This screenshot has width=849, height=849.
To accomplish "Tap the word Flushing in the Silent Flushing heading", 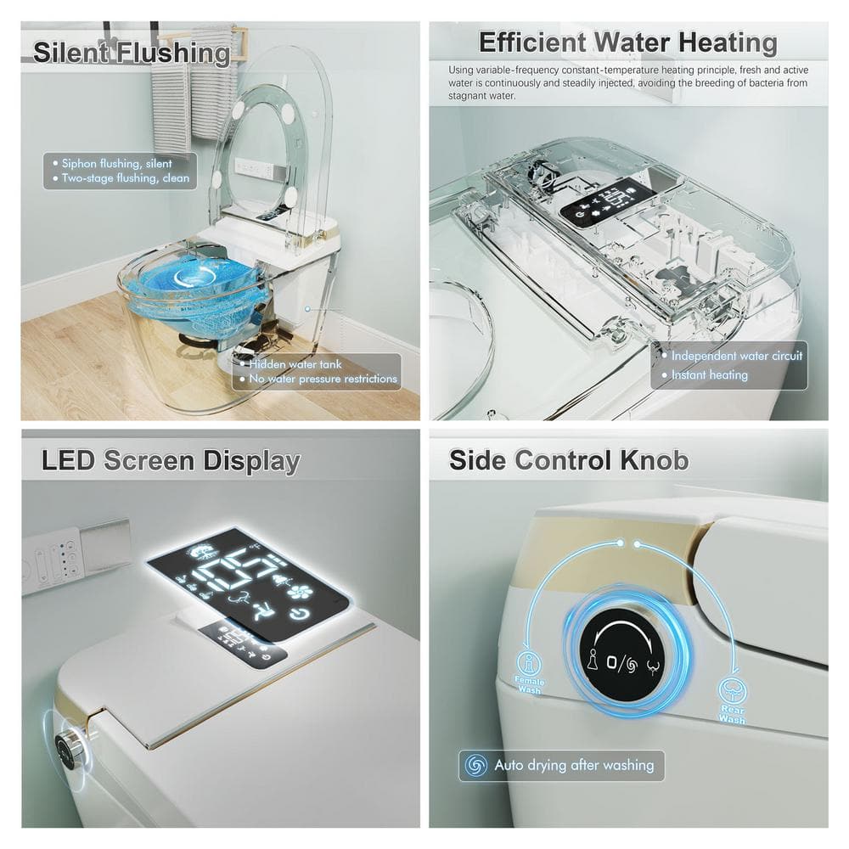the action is pyautogui.click(x=174, y=53).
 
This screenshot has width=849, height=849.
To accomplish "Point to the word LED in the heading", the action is pyautogui.click(x=68, y=460).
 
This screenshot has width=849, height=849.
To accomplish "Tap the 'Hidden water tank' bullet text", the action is pyautogui.click(x=295, y=364).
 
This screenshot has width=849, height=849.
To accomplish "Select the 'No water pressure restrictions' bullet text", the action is pyautogui.click(x=323, y=379).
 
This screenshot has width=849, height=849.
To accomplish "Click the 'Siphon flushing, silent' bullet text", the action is pyautogui.click(x=116, y=164).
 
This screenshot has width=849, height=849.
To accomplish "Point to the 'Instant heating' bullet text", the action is pyautogui.click(x=709, y=374).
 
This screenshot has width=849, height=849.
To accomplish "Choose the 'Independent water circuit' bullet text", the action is pyautogui.click(x=736, y=356).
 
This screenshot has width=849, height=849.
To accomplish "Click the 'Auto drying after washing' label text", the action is pyautogui.click(x=574, y=765).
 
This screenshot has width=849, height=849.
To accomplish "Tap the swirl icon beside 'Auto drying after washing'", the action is pyautogui.click(x=476, y=765).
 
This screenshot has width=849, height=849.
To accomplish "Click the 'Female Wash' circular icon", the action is pyautogui.click(x=528, y=662).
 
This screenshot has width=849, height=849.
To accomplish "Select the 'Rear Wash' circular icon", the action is pyautogui.click(x=732, y=690).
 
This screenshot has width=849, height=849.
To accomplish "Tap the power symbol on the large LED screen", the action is pyautogui.click(x=297, y=614).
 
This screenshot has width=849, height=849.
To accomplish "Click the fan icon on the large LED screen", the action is pyautogui.click(x=297, y=591).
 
